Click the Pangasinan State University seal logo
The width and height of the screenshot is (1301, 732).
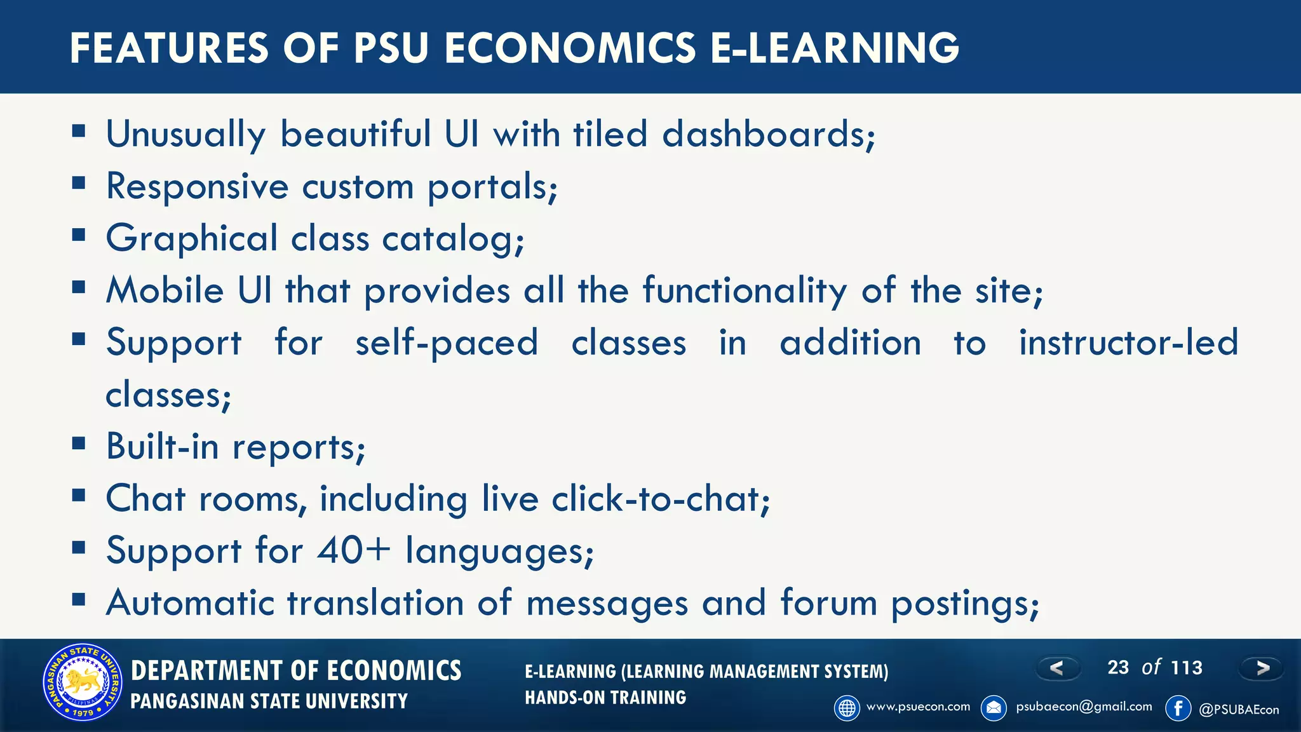(83, 682)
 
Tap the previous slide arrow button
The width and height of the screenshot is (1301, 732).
(1058, 668)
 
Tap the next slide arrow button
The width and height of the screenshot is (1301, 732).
(1262, 668)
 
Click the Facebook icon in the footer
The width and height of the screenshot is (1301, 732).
(1178, 708)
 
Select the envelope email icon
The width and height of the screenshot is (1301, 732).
(994, 708)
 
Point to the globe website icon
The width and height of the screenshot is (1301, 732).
(847, 708)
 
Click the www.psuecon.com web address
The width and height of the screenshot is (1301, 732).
(918, 707)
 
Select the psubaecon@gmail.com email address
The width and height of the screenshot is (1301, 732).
(1084, 707)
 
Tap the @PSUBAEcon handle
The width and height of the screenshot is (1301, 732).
(1238, 710)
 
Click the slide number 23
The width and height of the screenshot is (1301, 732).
(1118, 667)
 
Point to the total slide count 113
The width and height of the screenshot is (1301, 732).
(1187, 667)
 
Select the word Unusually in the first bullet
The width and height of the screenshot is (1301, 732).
(185, 135)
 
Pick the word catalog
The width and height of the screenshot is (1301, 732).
(453, 239)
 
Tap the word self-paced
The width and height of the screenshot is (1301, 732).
(447, 343)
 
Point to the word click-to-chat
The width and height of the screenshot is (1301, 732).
(660, 499)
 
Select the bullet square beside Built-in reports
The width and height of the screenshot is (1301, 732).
(79, 443)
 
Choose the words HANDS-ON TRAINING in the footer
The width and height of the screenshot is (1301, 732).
(605, 698)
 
